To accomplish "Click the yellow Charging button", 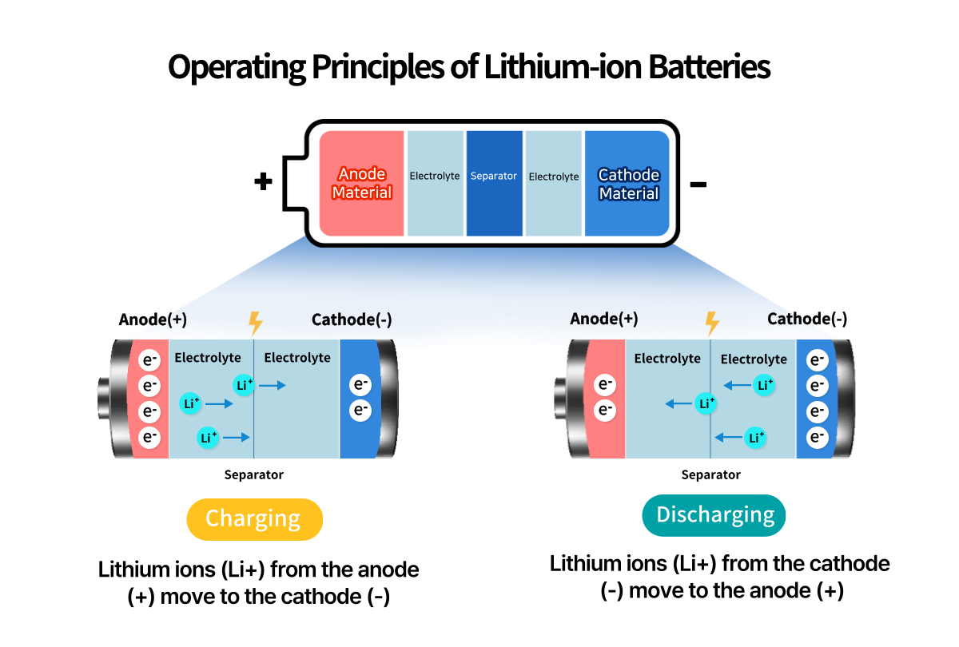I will [x=253, y=519].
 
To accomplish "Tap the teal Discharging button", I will [x=714, y=515].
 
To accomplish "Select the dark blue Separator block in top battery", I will [x=494, y=184].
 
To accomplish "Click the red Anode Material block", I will [x=361, y=184].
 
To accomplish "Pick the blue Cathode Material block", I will [x=628, y=184].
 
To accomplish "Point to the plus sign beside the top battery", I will [x=263, y=182].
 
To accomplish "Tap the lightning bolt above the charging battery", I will [x=256, y=323].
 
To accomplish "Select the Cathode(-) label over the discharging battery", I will [x=807, y=320].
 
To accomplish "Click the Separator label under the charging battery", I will [x=253, y=475].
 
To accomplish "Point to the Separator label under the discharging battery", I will [x=710, y=475].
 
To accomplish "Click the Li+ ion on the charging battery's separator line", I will [x=245, y=385].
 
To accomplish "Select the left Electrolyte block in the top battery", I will [x=435, y=184].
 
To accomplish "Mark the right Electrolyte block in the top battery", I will [x=553, y=184].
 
